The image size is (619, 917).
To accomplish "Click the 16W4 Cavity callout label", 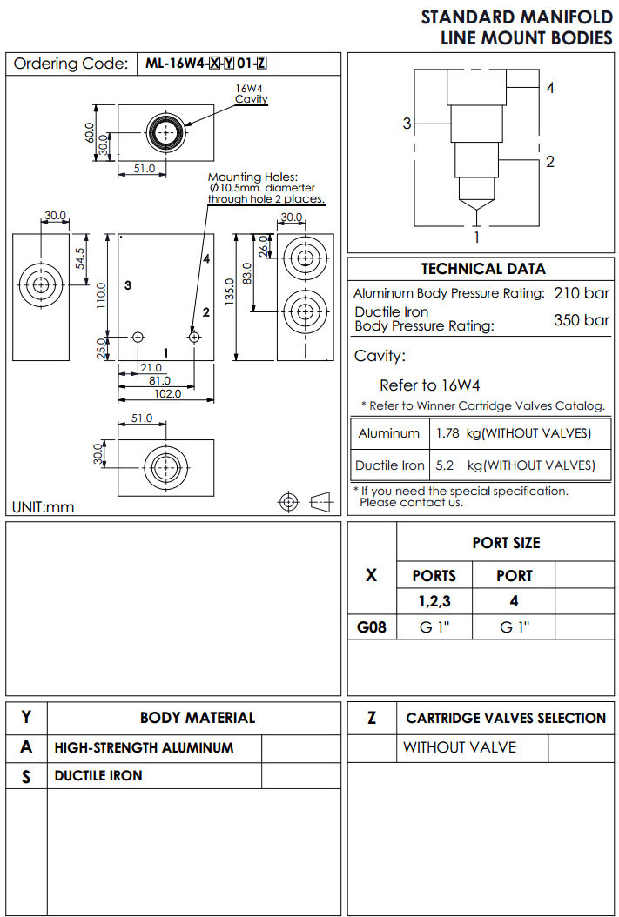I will [x=252, y=94].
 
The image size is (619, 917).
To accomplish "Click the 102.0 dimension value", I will [x=167, y=393].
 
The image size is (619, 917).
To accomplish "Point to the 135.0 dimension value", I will [x=230, y=295].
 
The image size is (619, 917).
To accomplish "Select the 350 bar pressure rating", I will [x=582, y=319].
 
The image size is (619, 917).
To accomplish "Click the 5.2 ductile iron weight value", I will [x=444, y=465].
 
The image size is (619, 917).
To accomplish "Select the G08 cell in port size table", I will [x=372, y=626].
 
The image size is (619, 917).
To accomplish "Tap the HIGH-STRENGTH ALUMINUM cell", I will [x=144, y=747].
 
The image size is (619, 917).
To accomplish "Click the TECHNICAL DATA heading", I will [x=483, y=269].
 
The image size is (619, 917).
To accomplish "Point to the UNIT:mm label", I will [x=43, y=507].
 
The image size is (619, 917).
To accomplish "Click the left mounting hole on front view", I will [x=138, y=336].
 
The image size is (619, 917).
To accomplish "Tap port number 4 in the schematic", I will [x=550, y=88].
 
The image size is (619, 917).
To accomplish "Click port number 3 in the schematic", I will [x=406, y=124].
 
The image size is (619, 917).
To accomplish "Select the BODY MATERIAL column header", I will [x=198, y=718].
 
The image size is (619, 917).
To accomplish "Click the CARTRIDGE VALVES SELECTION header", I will [x=506, y=718].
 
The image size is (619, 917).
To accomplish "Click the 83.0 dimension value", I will [x=247, y=272].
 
